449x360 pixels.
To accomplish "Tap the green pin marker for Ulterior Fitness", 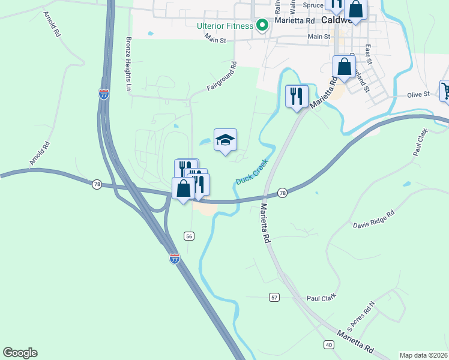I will (x=262, y=25).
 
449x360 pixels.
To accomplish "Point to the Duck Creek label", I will (x=252, y=172).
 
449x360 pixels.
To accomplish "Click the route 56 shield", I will (x=189, y=236).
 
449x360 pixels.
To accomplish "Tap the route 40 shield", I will (x=329, y=344).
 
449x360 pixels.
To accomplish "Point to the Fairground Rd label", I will (x=223, y=79).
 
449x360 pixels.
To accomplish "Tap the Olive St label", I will (x=418, y=94).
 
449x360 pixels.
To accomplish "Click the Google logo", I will (x=20, y=353).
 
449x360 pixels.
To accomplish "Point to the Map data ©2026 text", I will (x=423, y=355).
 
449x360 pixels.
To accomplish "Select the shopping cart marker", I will (x=445, y=91).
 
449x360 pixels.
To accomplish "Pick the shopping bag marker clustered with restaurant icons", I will (x=183, y=188).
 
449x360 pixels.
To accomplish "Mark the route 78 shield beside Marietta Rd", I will (x=282, y=193).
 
